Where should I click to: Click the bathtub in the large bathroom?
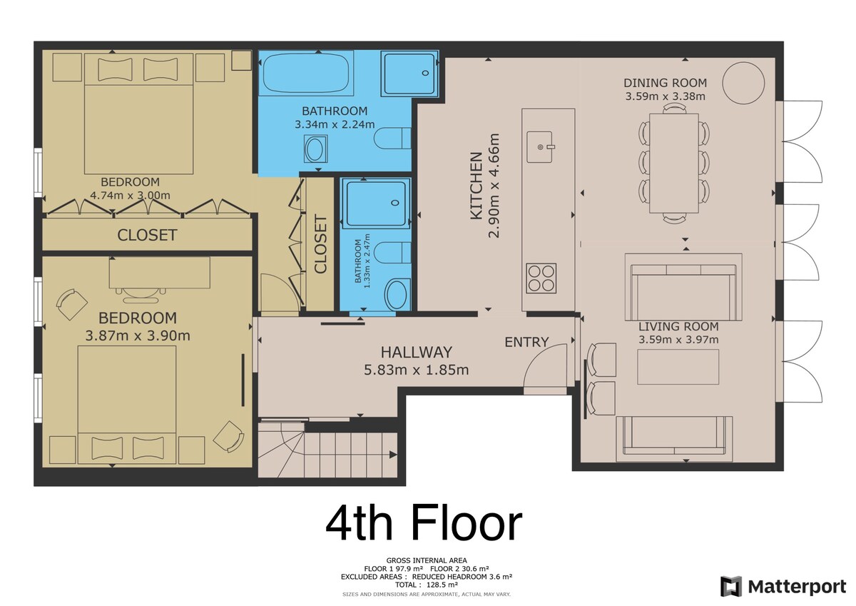point(306,73)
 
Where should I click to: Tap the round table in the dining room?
point(743,83)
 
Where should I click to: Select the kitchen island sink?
point(540,147)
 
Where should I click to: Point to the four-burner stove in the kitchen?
point(541,278)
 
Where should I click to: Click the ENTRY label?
point(526,342)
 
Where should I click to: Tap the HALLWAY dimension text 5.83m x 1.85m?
point(416,370)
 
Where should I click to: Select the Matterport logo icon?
point(730,587)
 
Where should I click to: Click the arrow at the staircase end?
point(393,455)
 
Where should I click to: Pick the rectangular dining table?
point(674,163)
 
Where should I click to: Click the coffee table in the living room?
point(678,367)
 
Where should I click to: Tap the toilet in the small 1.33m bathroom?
point(392,253)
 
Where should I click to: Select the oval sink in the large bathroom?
point(315,148)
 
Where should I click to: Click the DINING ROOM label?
point(666,83)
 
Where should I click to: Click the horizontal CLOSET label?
point(147,235)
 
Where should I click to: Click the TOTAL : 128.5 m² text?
point(427,585)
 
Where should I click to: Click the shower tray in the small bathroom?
point(376,203)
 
